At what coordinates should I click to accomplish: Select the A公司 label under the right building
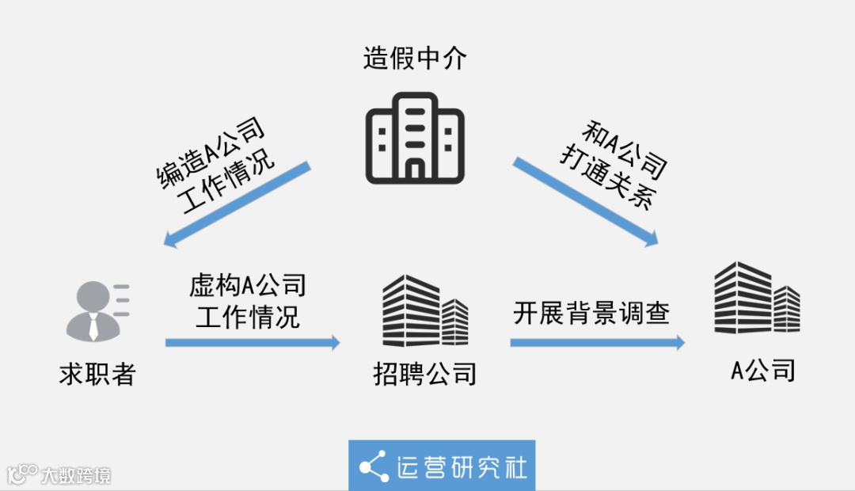[x=762, y=370]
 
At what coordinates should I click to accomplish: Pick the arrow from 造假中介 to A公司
[x=586, y=202]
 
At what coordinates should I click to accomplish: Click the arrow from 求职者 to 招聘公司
[x=253, y=343]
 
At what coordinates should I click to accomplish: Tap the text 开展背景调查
[x=591, y=313]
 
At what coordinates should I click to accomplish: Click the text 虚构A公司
[x=248, y=286]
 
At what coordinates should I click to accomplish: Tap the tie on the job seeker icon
[x=93, y=326]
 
